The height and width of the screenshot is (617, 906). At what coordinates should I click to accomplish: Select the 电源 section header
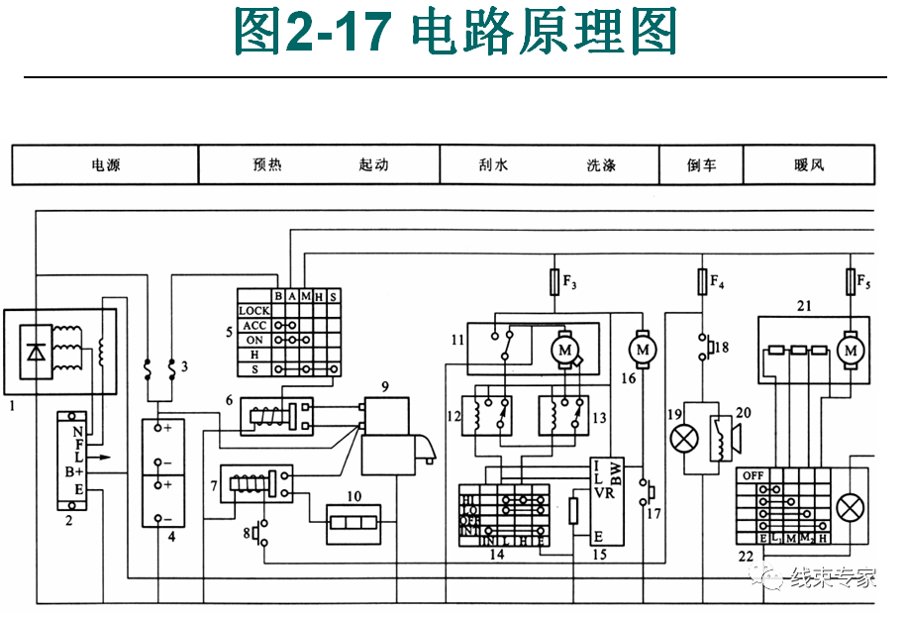pyautogui.click(x=105, y=165)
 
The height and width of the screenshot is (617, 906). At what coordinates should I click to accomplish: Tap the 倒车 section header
pyautogui.click(x=701, y=165)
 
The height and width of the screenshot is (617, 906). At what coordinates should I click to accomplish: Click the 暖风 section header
pyautogui.click(x=809, y=165)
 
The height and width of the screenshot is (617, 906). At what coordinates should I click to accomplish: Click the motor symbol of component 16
pyautogui.click(x=643, y=349)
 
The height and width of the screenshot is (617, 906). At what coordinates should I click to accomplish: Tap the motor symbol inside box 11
pyautogui.click(x=565, y=350)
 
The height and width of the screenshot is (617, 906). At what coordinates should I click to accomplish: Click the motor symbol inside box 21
pyautogui.click(x=849, y=351)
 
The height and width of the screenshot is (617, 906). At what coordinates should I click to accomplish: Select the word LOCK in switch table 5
pyautogui.click(x=254, y=311)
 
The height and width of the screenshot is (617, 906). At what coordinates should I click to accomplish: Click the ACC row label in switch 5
pyautogui.click(x=254, y=325)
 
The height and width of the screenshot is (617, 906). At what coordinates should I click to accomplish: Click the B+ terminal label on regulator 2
pyautogui.click(x=74, y=471)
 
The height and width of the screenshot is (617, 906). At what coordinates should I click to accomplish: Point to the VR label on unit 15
pyautogui.click(x=604, y=492)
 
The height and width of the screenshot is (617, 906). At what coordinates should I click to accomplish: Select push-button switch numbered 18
pyautogui.click(x=704, y=349)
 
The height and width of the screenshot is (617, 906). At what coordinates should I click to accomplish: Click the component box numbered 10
pyautogui.click(x=353, y=522)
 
